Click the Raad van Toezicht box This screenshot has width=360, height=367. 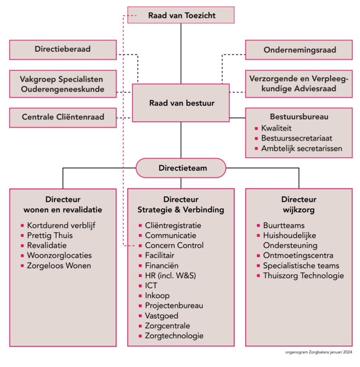[x=181, y=15]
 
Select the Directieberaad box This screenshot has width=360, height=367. [x=63, y=49]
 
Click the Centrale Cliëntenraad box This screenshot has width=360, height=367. [x=63, y=117]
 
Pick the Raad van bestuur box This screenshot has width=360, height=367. [x=181, y=103]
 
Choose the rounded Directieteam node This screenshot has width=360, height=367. [x=181, y=168]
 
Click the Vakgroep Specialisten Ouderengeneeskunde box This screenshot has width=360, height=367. [x=63, y=84]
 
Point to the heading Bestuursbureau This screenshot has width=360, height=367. [x=299, y=117]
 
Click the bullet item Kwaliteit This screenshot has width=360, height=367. [x=276, y=128]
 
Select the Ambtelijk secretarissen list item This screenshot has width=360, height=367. [x=301, y=148]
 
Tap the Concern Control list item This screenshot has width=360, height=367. [x=174, y=245]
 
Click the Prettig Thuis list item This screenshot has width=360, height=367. [x=50, y=235]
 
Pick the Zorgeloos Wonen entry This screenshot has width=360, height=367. [x=59, y=266]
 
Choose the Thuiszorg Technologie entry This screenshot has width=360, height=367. [x=303, y=276]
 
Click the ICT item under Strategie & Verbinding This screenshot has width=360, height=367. [x=151, y=285]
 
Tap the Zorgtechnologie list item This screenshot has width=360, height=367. [x=174, y=336]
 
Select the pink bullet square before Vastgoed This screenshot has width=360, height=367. [x=140, y=316]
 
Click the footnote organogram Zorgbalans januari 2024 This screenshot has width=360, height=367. [x=318, y=352]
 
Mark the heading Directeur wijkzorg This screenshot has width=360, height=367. [x=299, y=205]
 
